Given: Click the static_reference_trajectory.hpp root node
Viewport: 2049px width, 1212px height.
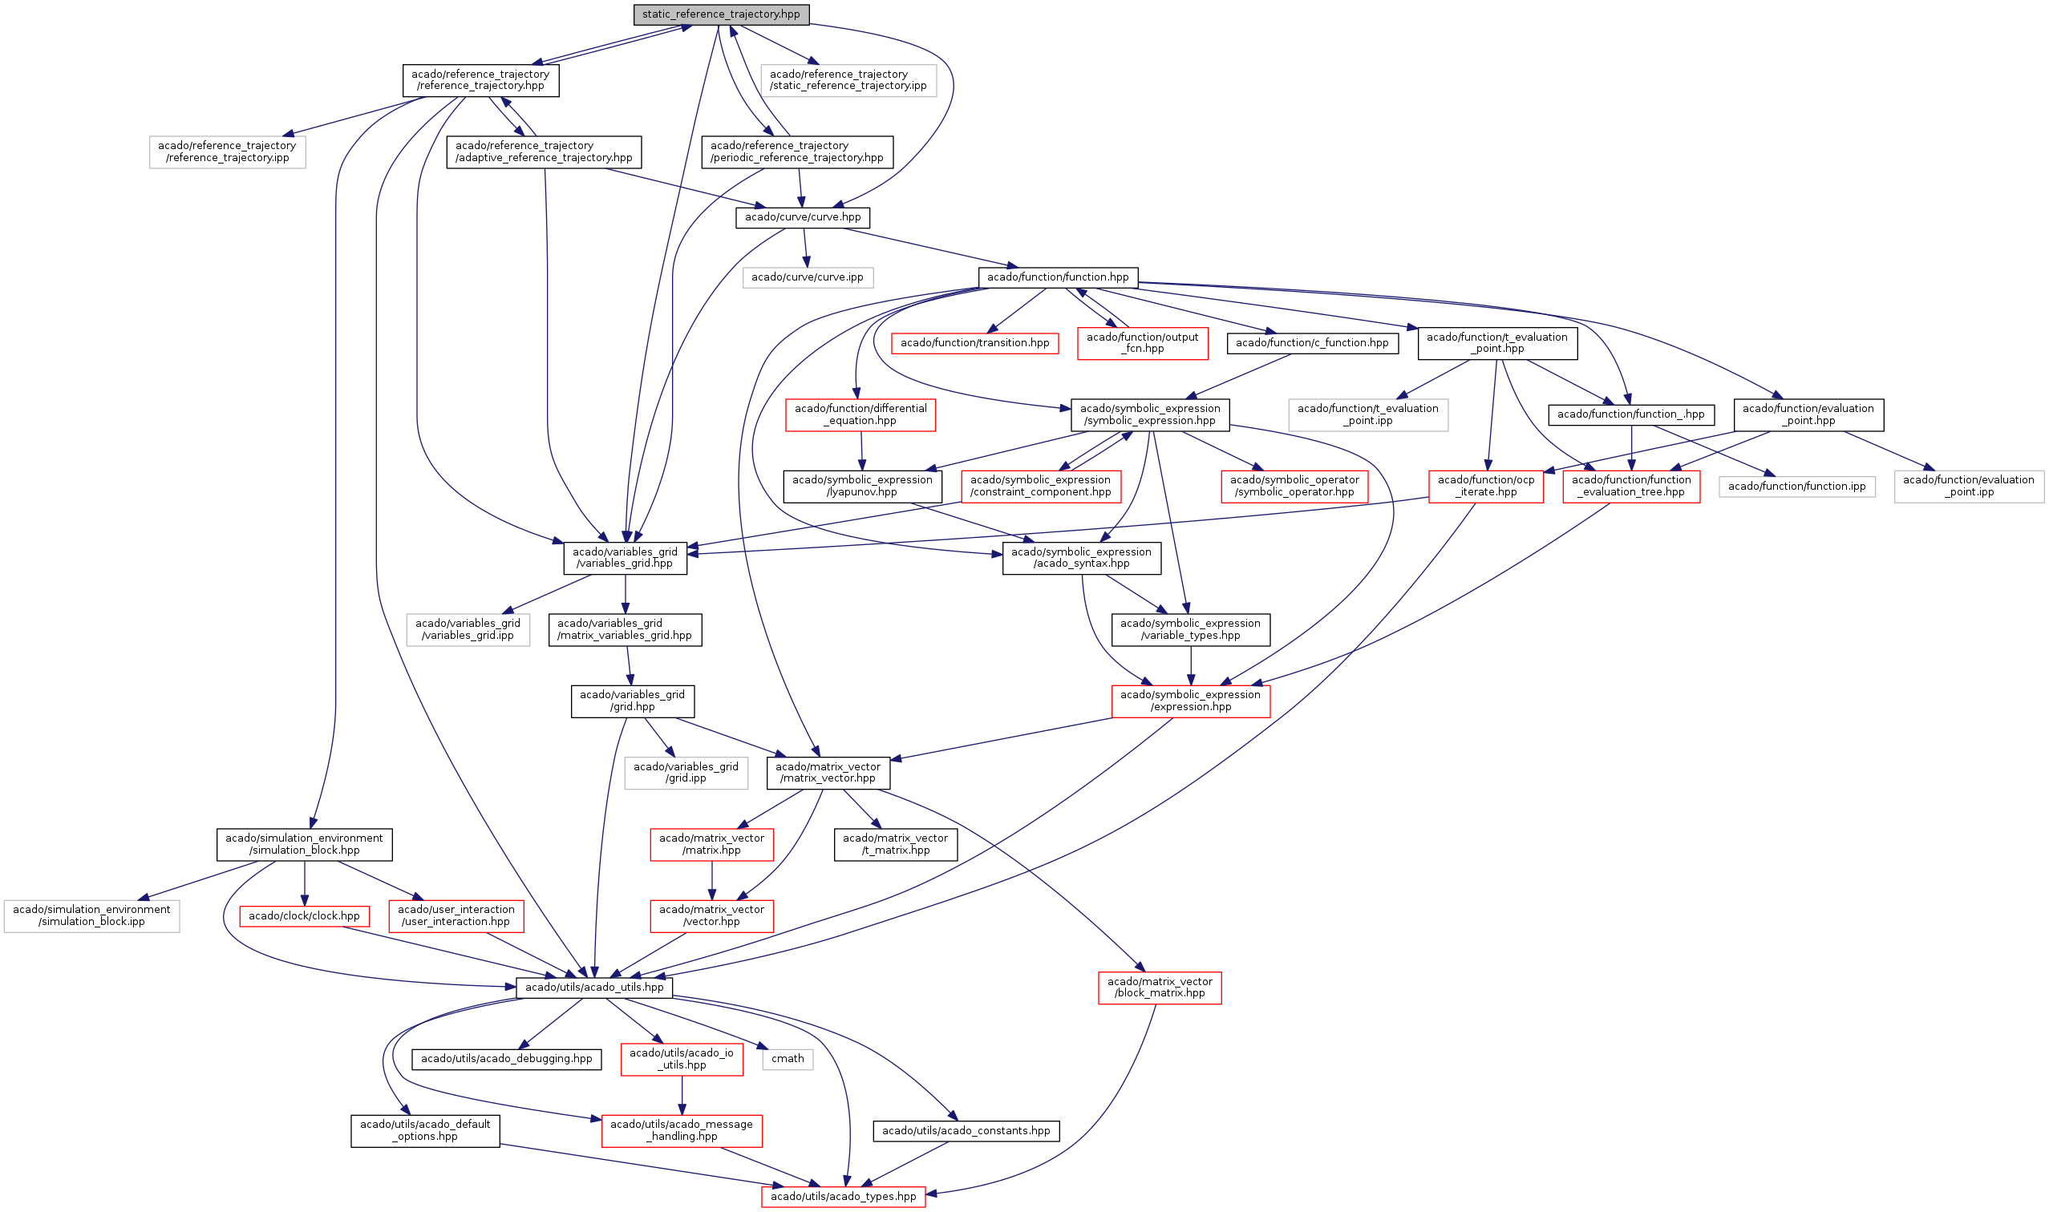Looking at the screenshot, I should [721, 14].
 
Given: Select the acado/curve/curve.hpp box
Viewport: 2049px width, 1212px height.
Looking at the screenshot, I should [802, 217].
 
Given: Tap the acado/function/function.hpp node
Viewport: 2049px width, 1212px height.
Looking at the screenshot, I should [1057, 277].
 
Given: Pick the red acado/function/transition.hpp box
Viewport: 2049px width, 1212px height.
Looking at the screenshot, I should [974, 343].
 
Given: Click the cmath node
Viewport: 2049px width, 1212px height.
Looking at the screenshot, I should [788, 1058].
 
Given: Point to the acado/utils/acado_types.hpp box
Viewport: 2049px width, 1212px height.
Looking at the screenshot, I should [843, 1197].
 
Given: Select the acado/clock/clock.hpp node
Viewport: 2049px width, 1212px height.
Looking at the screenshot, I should [304, 915].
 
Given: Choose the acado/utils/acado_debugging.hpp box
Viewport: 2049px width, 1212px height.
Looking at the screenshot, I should [507, 1058].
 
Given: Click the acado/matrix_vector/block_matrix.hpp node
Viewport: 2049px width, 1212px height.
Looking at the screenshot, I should [1160, 988].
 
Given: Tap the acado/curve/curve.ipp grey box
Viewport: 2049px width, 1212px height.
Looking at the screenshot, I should [808, 277].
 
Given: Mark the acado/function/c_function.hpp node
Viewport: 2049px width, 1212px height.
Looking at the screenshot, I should [1311, 343].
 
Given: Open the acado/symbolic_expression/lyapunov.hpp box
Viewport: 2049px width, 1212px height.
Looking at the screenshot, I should [862, 486].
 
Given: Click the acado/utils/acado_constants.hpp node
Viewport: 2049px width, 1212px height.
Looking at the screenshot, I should [966, 1130].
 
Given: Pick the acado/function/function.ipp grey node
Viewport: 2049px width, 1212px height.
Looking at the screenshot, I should [1796, 486].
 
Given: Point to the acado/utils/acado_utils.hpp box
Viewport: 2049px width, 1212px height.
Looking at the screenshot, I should [594, 988].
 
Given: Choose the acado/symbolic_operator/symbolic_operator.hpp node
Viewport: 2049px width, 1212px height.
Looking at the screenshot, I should [1294, 486].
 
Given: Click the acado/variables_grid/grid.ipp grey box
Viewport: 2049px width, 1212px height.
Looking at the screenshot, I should [686, 773].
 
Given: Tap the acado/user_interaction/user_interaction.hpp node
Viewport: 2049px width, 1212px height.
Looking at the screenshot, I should [456, 915].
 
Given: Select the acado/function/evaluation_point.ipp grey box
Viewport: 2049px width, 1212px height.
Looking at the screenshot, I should [1968, 486].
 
